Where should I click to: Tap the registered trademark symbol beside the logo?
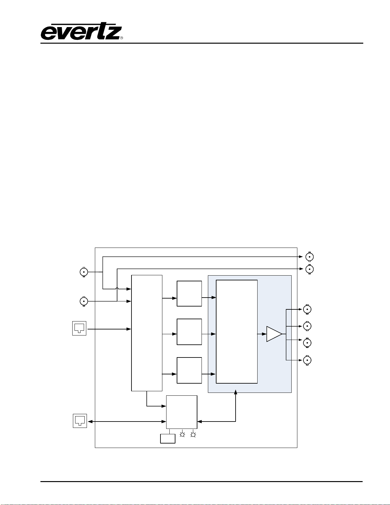tap(121, 38)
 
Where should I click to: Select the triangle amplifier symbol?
tap(274, 334)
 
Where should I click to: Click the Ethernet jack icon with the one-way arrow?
tap(79, 328)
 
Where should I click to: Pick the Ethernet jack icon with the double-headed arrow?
tap(80, 421)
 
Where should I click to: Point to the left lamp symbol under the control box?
tap(182, 434)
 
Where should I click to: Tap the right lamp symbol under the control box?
tap(193, 434)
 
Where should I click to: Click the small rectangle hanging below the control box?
tap(167, 438)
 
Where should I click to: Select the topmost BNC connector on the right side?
tap(309, 257)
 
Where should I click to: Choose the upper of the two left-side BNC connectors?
tap(84, 272)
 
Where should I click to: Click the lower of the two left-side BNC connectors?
tap(84, 301)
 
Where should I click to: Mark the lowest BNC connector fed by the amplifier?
tap(307, 360)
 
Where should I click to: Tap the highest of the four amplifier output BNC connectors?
tap(307, 309)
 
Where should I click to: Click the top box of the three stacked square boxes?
tap(189, 293)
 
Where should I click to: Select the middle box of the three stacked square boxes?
tap(189, 332)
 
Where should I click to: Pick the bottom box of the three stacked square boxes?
tap(189, 370)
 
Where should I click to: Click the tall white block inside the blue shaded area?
tap(237, 332)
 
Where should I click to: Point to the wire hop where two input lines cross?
tap(117, 289)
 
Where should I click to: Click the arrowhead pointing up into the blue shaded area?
tap(236, 392)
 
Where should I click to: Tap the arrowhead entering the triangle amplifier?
tap(264, 334)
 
